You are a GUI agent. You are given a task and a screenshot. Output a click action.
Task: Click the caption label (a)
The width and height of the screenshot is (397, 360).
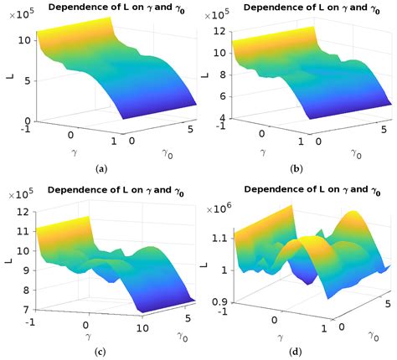pyautogui.click(x=101, y=168)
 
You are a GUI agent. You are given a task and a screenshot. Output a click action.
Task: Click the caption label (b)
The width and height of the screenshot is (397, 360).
pyautogui.click(x=296, y=168)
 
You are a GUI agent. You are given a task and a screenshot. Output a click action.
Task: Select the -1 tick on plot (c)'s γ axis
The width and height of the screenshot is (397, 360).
pyautogui.click(x=30, y=321)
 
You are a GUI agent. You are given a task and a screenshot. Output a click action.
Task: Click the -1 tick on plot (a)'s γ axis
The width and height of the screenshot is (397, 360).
pyautogui.click(x=30, y=128)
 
